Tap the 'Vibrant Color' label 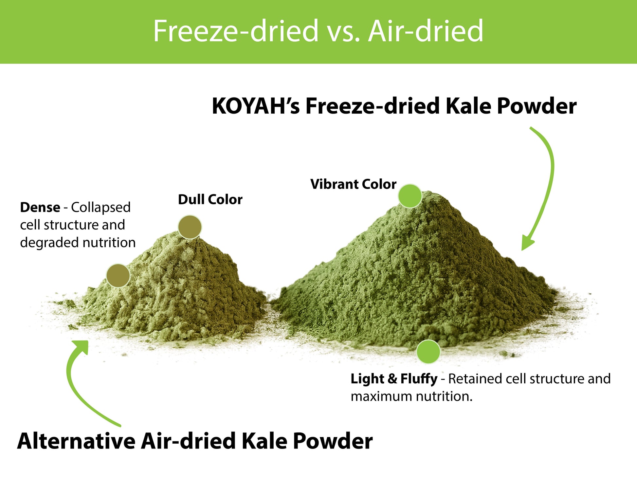[x=353, y=184]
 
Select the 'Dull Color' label [x=210, y=199]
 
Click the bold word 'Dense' [x=40, y=207]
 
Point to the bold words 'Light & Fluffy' [x=394, y=379]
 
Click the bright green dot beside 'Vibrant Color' [x=410, y=196]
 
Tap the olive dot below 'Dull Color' [x=190, y=227]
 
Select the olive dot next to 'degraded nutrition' [x=118, y=276]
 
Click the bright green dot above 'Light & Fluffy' [x=428, y=352]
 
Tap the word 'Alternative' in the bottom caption [x=76, y=441]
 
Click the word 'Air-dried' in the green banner [x=426, y=31]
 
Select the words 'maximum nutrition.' [x=411, y=396]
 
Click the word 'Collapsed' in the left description [x=101, y=207]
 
